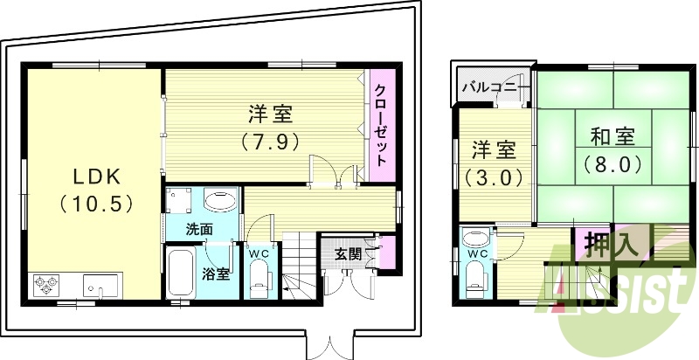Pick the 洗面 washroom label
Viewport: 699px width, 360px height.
click(x=199, y=230)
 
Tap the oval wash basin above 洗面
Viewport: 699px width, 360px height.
click(x=218, y=201)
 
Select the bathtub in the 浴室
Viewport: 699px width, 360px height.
click(x=182, y=273)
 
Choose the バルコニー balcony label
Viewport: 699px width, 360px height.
click(x=494, y=88)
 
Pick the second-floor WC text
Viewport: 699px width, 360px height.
click(x=478, y=254)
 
